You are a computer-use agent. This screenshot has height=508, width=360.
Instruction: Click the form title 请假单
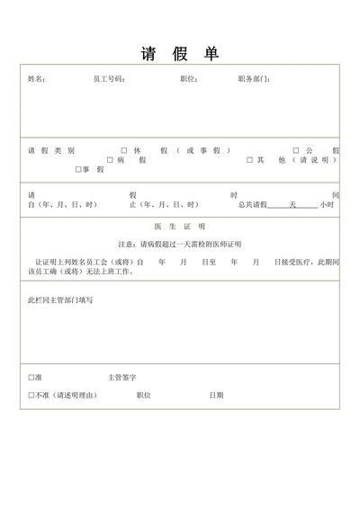coord(180,53)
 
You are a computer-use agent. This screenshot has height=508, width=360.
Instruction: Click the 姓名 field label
coord(37,79)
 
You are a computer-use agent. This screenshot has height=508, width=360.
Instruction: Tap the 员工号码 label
coord(109,79)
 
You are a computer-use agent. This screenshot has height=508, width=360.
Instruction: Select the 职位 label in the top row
coord(189,79)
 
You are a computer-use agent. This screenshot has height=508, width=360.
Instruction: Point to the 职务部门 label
coord(255,79)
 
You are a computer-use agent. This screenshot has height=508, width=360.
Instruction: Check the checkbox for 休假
coord(123,150)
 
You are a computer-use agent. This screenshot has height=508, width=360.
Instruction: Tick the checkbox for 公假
coord(296,150)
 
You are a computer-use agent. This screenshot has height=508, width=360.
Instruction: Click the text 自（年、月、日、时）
coord(62,205)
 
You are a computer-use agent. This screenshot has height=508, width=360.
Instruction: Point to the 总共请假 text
coord(253,205)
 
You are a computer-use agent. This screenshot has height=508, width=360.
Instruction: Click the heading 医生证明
coord(180,227)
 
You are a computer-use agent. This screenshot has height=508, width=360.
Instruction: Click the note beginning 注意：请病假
coord(180,244)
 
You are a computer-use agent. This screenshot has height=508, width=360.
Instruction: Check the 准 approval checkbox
coord(31,378)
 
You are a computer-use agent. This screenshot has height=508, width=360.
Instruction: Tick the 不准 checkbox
coord(31,395)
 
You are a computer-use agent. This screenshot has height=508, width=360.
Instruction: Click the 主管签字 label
coord(121,378)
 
